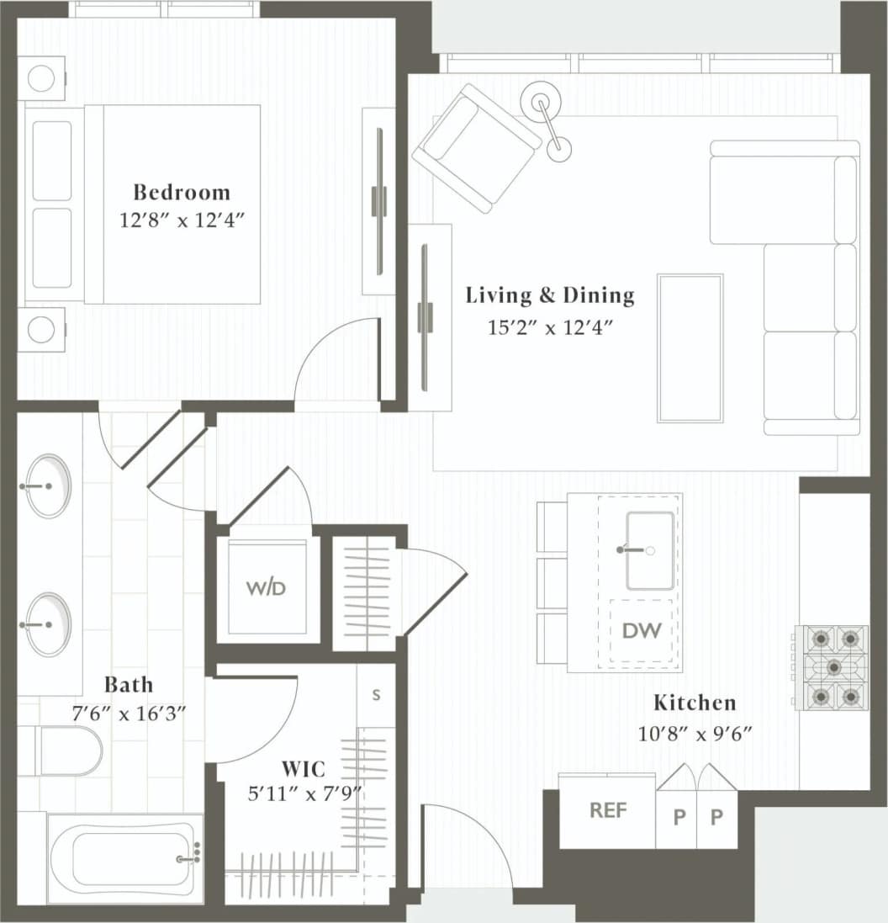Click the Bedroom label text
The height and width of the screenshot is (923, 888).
181,192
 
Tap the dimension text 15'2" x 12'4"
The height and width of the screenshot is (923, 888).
550,327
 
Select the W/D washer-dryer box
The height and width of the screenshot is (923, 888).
267,587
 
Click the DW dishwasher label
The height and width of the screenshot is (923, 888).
642,629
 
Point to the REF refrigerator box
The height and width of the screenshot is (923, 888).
608,810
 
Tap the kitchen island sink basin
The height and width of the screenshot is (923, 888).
650,550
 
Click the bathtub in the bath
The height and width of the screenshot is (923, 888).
124,859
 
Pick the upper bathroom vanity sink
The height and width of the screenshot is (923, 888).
48,485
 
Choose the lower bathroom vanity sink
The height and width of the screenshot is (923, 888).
48,624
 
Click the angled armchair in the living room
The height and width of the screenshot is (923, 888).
477,148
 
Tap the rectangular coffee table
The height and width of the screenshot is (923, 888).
690,347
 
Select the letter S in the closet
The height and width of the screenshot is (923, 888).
376,695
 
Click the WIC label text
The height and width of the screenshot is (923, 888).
303,768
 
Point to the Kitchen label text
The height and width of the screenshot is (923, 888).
695,703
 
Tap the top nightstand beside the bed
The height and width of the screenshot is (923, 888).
41,78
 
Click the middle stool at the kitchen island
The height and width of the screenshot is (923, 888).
552,582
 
